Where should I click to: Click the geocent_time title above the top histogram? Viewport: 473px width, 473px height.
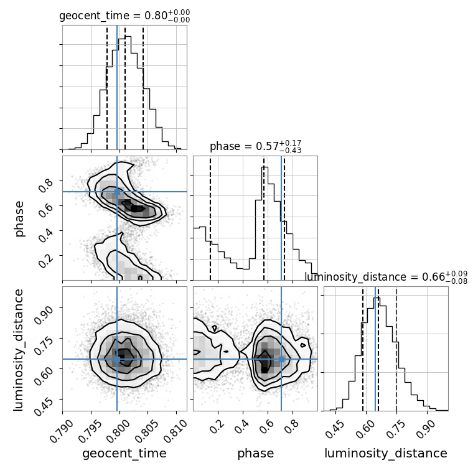click(x=124, y=16)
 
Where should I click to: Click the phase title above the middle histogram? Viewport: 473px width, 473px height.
click(x=255, y=147)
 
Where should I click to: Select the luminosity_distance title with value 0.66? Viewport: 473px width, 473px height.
click(x=386, y=277)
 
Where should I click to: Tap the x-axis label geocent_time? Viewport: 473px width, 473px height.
click(x=124, y=454)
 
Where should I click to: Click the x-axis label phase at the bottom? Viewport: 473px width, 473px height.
click(x=255, y=454)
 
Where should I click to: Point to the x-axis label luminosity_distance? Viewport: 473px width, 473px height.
click(x=386, y=454)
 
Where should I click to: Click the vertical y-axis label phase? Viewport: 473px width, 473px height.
click(x=19, y=218)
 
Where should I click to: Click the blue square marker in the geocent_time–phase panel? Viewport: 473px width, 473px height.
click(x=117, y=192)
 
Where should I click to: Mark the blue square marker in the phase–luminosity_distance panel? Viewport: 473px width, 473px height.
click(x=281, y=359)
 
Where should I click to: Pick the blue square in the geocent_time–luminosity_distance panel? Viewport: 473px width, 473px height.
click(x=117, y=359)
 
